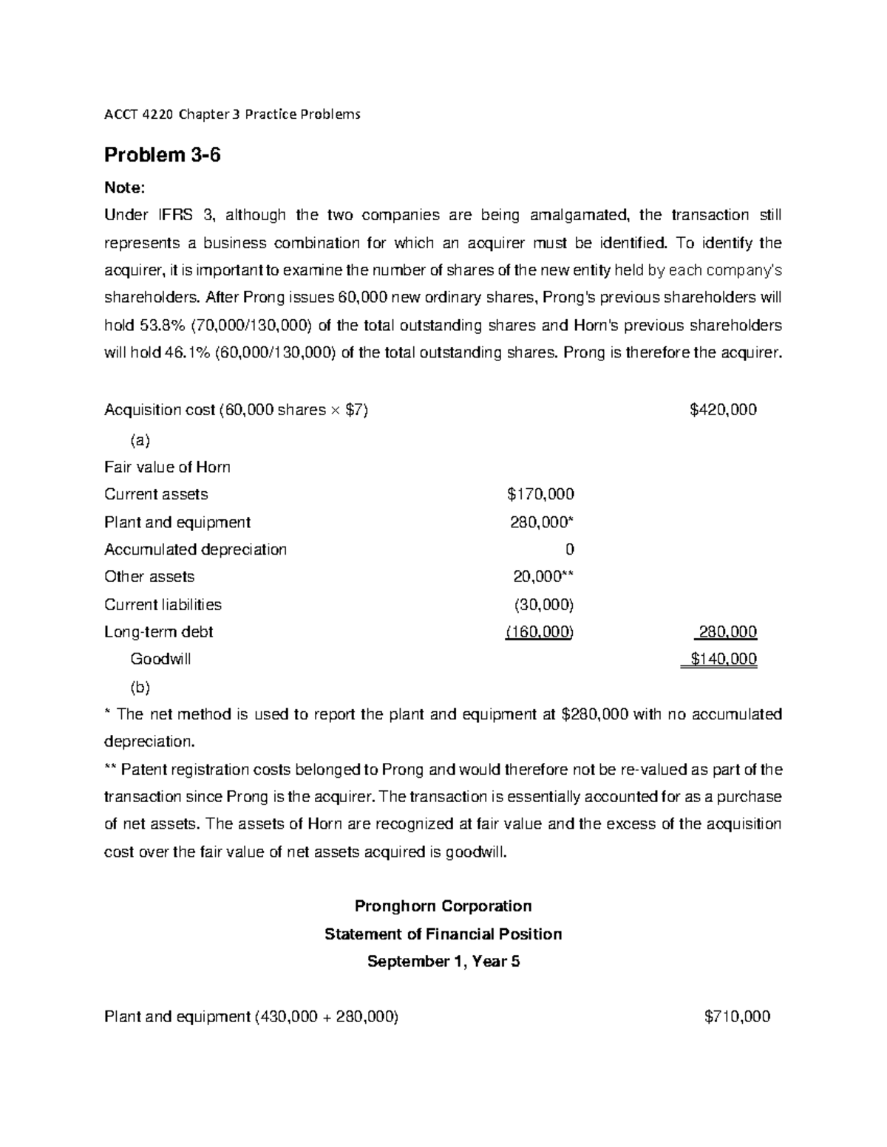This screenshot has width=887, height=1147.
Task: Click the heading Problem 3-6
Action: coord(162,155)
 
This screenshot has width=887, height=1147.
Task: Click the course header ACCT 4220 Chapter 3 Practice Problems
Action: coord(232,114)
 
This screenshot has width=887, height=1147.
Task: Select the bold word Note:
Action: coord(125,188)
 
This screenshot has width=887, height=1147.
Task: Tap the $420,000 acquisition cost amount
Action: coord(722,410)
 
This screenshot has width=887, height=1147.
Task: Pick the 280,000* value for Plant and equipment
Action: coord(542,522)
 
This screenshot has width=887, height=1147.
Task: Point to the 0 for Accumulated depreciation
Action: coord(569,549)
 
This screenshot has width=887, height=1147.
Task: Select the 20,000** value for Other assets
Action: coord(543,577)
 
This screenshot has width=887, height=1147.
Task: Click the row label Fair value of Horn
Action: coord(167,467)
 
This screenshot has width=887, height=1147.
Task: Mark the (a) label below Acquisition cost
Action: coord(140,440)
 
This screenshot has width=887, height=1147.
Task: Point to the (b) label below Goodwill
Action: coord(140,687)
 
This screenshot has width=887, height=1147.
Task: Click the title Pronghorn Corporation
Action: coord(443,906)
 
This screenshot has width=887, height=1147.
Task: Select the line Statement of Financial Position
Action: coord(443,934)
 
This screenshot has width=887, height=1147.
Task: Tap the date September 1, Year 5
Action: coord(443,962)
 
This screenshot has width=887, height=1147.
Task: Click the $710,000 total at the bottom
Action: coord(737,1017)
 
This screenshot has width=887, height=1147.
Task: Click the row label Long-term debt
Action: coord(159,632)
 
